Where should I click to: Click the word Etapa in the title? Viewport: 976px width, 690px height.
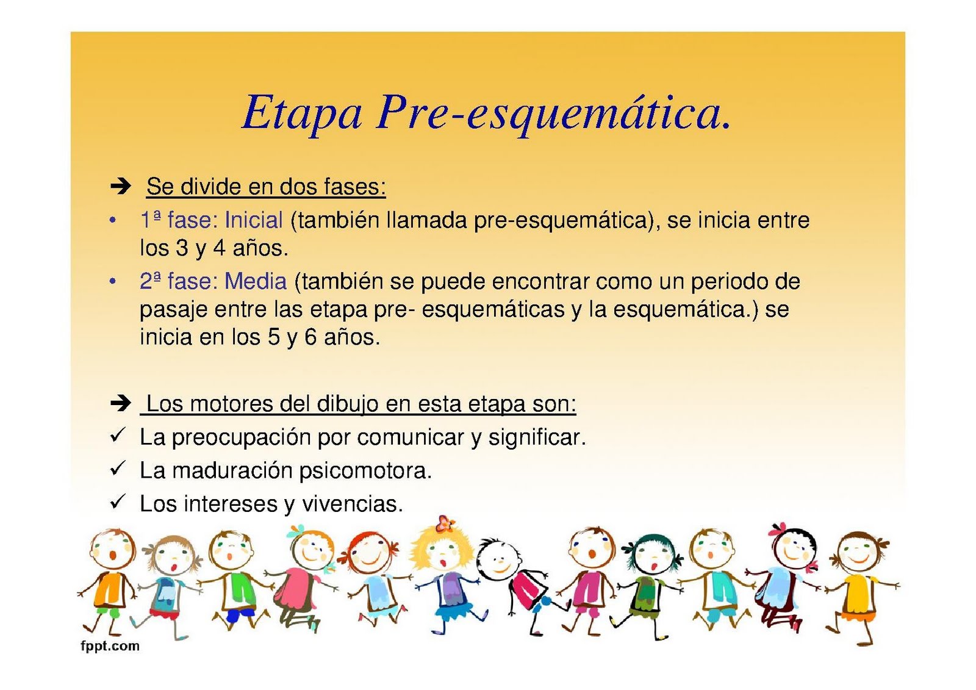pyautogui.click(x=302, y=113)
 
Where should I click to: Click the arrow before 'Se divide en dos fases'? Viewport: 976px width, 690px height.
pyautogui.click(x=121, y=185)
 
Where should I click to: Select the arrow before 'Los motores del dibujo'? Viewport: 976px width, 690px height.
pyautogui.click(x=121, y=403)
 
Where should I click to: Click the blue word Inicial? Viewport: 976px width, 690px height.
pyautogui.click(x=254, y=220)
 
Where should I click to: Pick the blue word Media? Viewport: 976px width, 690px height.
pyautogui.click(x=256, y=281)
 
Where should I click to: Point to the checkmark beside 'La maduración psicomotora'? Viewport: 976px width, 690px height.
pyautogui.click(x=117, y=469)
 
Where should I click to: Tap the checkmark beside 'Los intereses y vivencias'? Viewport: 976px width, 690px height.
pyautogui.click(x=117, y=502)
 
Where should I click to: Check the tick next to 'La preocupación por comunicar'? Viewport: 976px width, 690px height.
pyautogui.click(x=117, y=435)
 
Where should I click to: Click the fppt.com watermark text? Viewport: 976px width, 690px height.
pyautogui.click(x=110, y=646)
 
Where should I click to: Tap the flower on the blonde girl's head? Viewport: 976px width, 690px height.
pyautogui.click(x=445, y=523)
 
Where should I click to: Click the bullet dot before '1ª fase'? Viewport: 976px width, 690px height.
pyautogui.click(x=112, y=220)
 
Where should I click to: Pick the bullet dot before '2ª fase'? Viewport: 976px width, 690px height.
pyautogui.click(x=112, y=281)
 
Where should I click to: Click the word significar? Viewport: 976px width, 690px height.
pyautogui.click(x=537, y=437)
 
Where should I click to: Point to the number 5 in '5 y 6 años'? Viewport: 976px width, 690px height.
pyautogui.click(x=274, y=337)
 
